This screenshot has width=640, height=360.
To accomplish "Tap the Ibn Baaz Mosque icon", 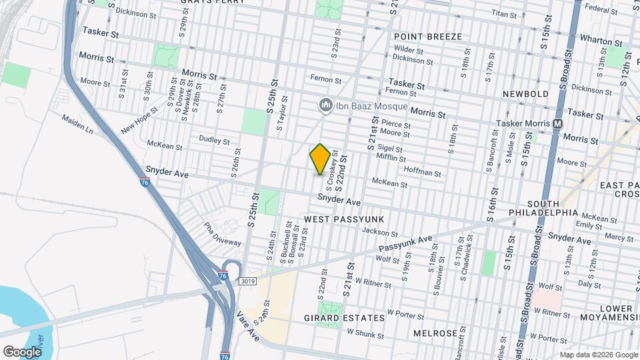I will click(326, 105).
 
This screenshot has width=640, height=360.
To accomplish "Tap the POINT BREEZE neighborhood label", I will click(427, 36).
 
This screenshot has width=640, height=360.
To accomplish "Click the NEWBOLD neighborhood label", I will click(525, 94).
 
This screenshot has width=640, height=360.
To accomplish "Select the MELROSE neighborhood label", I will click(435, 333).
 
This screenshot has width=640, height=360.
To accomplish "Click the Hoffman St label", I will click(423, 173).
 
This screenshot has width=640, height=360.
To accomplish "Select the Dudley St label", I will click(214, 140).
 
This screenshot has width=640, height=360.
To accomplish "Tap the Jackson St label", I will click(379, 232).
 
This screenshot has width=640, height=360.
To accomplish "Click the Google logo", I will click(22, 351).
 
